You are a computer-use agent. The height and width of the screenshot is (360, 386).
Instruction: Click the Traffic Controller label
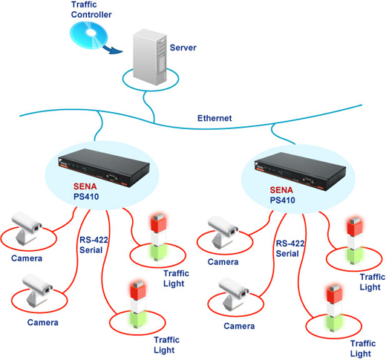coord(91,10)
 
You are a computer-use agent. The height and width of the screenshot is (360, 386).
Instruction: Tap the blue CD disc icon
coord(89,35)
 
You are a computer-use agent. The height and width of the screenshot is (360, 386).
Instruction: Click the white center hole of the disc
coord(90,33)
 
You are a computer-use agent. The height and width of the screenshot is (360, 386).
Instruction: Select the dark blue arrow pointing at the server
coord(113,49)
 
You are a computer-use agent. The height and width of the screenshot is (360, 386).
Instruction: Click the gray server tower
coord(149,57)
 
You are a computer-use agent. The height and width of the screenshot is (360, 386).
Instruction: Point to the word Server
coord(183,48)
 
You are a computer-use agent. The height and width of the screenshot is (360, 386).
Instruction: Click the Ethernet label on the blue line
coord(215,118)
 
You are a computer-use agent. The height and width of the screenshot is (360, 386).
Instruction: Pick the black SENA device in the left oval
coord(104,167)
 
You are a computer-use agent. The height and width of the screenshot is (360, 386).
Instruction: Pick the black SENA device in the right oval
coord(300,171)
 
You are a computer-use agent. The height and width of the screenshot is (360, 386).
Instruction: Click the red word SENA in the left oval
coord(85,186)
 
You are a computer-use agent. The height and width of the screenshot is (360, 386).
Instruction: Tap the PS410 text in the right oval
coord(282,200)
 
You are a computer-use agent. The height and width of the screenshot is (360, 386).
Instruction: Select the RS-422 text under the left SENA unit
coord(94,240)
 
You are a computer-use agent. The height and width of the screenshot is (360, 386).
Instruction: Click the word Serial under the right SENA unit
coord(287,254)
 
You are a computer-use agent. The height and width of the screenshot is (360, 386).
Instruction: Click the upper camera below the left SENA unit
coord(27,228)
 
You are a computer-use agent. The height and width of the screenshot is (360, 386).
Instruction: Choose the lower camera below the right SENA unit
coord(234,294)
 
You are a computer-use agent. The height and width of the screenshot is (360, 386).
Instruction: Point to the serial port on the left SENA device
coord(112,177)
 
